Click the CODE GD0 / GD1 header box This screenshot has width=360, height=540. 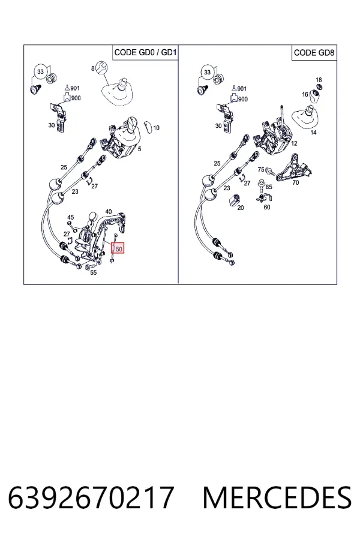coord(145,52)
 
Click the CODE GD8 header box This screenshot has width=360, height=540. coord(314,53)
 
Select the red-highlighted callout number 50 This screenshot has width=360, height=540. coord(119,248)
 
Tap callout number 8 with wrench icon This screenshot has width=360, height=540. coord(92,68)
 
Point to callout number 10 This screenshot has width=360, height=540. coord(156,128)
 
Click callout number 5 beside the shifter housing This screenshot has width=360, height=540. coord(140,149)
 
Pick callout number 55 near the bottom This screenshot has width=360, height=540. coord(94,273)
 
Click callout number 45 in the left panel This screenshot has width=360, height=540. coord(70,217)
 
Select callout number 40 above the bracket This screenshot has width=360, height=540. coord(108,211)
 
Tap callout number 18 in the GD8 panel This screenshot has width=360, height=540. coord(319,80)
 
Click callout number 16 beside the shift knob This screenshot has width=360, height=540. coord(305,94)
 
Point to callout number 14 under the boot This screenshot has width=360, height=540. coord(313,132)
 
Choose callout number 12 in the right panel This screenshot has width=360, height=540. coord(294,143)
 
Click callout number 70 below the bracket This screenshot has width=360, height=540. coord(296,182)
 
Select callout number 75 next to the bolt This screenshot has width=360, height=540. coord(261,169)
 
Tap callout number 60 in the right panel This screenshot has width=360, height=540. coord(267,208)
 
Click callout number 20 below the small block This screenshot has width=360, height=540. coord(241,208)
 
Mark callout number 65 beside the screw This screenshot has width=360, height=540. coord(269,187)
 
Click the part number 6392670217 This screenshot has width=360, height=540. coord(91,497)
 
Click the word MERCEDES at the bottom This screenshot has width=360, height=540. coord(277,497)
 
